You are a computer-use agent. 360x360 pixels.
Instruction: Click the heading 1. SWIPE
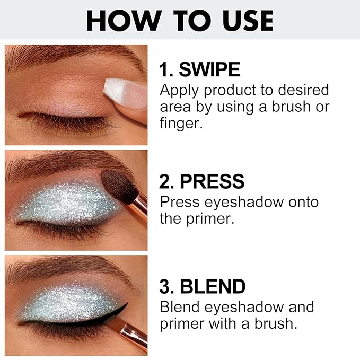click(x=200, y=69)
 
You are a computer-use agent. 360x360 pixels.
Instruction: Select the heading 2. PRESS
click(x=202, y=182)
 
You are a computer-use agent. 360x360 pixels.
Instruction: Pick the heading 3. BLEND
click(x=203, y=287)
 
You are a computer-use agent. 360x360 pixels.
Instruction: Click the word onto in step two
click(x=297, y=202)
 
